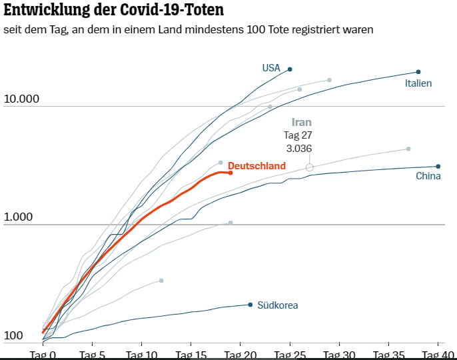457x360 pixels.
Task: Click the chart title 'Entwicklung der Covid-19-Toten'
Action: click(113, 11)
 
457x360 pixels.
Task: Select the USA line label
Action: click(271, 68)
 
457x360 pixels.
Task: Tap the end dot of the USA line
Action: click(290, 69)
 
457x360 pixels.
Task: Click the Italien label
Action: click(418, 83)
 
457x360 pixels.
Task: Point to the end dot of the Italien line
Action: click(418, 72)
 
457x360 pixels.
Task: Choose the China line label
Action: click(428, 177)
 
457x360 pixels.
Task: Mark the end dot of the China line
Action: click(438, 167)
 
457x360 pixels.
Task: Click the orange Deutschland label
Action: click(256, 166)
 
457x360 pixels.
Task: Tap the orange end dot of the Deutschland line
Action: click(230, 173)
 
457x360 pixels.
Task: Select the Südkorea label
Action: click(277, 305)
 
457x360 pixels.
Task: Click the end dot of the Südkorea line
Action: click(250, 305)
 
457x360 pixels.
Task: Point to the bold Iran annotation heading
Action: click(302, 123)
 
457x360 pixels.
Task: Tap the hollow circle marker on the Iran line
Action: click(309, 167)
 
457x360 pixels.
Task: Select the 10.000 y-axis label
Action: click(21, 99)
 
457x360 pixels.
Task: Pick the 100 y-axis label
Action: click(13, 336)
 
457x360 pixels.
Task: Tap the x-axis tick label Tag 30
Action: click(340, 355)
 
